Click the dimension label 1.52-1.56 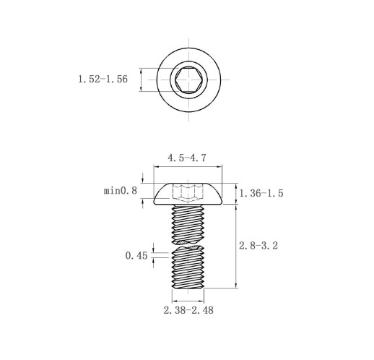[103, 80]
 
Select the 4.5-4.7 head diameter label [187, 158]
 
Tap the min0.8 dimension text [121, 191]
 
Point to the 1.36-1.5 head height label [261, 193]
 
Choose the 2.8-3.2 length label [258, 246]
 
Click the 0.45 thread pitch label [136, 256]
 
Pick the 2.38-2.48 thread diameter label [188, 310]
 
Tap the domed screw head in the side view [188, 194]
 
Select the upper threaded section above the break [188, 224]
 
